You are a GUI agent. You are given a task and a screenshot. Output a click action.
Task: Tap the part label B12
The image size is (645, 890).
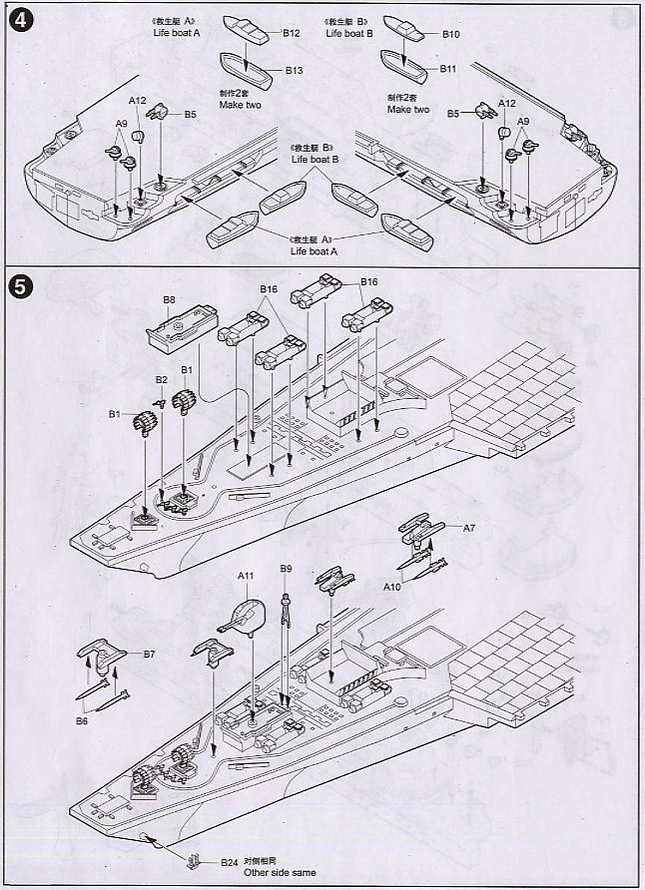[x=292, y=33]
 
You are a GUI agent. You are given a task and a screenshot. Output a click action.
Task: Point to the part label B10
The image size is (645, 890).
[x=450, y=34]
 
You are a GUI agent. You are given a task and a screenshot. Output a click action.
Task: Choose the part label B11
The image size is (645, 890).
[x=447, y=69]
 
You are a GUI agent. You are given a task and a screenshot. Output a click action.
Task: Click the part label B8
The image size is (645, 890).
[x=170, y=299]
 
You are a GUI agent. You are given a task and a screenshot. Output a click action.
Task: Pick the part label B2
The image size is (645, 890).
[x=162, y=380]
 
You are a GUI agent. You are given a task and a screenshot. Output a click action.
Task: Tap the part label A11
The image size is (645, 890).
[x=247, y=576]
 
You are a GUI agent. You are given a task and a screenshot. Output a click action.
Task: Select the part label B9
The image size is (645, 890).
[x=286, y=569]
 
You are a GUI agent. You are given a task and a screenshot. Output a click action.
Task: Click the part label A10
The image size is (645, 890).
[x=392, y=588]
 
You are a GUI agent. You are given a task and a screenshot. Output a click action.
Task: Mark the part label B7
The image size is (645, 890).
[x=149, y=655]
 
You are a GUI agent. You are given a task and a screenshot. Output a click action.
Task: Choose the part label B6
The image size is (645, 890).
[x=82, y=719]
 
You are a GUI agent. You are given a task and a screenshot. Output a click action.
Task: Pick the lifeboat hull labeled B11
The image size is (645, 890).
[x=413, y=67]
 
